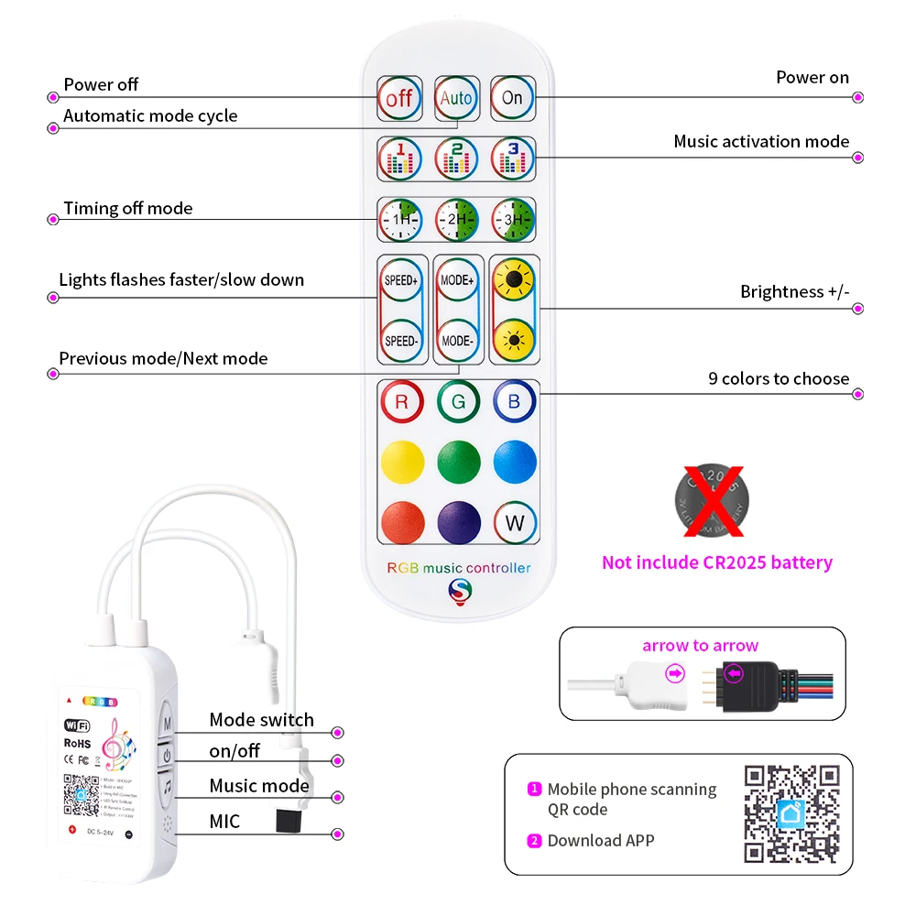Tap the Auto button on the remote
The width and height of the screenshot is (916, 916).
coord(456,98)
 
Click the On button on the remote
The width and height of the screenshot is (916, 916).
coord(512,98)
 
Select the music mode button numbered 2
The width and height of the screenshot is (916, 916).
coord(456,158)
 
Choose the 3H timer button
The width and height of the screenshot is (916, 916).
coord(512,220)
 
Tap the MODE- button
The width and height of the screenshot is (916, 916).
coord(456,341)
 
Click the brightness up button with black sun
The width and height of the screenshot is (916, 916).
coord(514,280)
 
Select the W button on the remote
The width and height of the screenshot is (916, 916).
coord(514,523)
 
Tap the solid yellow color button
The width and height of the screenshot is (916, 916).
coord(401,463)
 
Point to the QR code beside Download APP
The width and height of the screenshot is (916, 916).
coord(791,812)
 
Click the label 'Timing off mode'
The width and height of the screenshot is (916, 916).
coord(128,209)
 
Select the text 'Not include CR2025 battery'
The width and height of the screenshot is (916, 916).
coord(716,562)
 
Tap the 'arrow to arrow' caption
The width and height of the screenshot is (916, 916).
coord(700,646)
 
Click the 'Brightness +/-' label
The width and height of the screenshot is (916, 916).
coord(794,292)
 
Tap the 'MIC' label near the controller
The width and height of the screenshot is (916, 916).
coord(224,822)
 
